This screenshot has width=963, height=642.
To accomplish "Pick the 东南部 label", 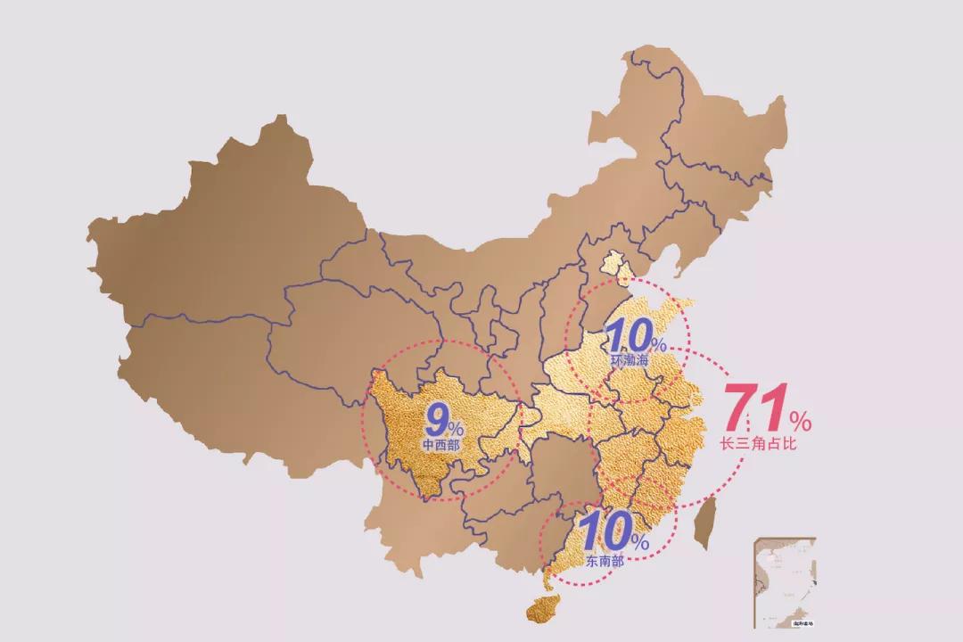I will point(605,561).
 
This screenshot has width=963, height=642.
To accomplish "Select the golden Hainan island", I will point(543,610).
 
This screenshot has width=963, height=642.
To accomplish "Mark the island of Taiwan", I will point(705,523).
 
